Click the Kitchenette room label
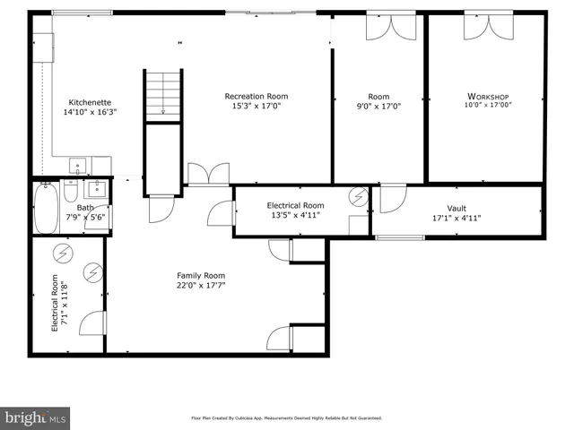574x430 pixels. pyautogui.click(x=90, y=102)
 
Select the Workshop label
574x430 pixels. pyautogui.click(x=488, y=96)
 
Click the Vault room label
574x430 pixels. pyautogui.click(x=457, y=207)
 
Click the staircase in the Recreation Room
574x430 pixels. pyautogui.click(x=163, y=94)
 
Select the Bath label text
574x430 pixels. pyautogui.click(x=84, y=207)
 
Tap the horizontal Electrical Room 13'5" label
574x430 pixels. pyautogui.click(x=295, y=206)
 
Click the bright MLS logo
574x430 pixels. pyautogui.click(x=36, y=417)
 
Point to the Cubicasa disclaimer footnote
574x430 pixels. pyautogui.click(x=286, y=417)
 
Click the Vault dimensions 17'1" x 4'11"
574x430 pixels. pyautogui.click(x=457, y=217)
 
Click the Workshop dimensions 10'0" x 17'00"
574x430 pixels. pyautogui.click(x=488, y=105)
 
